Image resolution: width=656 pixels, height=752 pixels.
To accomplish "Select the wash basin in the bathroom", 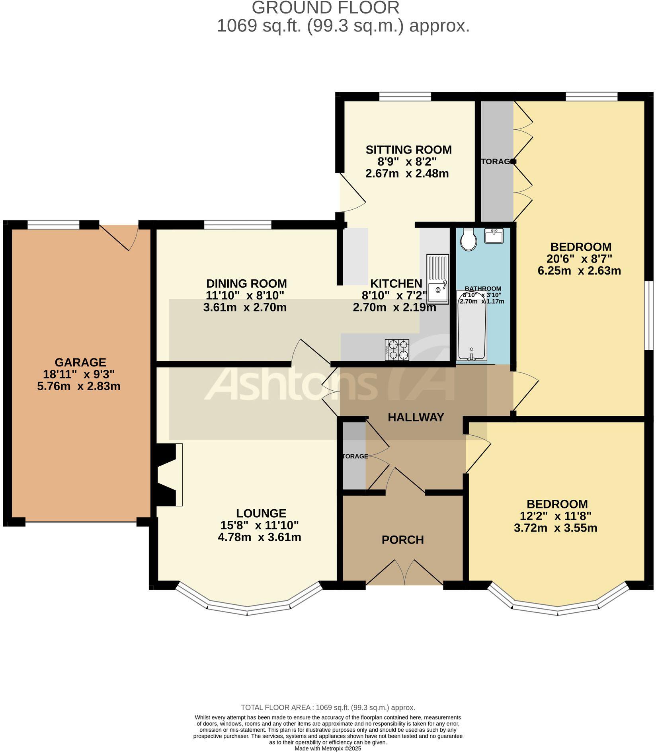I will pos(494,236).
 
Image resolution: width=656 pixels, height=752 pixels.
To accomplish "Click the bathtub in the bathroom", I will pos(472,331).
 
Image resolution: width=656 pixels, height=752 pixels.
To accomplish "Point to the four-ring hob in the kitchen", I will pos(397,350).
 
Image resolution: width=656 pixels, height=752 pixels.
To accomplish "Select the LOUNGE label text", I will pos(261,513).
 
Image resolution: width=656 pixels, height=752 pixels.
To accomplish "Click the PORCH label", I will pos(402,540).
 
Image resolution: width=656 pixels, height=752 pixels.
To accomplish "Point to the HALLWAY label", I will pos(416,417).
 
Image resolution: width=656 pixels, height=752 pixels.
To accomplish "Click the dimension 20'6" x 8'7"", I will pos(579,259).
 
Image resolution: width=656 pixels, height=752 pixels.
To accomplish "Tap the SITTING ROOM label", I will pos(408,150).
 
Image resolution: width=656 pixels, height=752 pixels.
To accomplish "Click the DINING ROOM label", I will pos(246,284).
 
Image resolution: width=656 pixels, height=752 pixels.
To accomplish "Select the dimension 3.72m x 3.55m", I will pos(555,528).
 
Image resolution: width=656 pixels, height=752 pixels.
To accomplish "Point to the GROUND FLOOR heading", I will pos(325,8).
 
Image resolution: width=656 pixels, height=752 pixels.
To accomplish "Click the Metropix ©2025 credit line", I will pos(328,748).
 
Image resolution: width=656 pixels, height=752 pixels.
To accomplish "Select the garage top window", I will pos(53,225).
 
